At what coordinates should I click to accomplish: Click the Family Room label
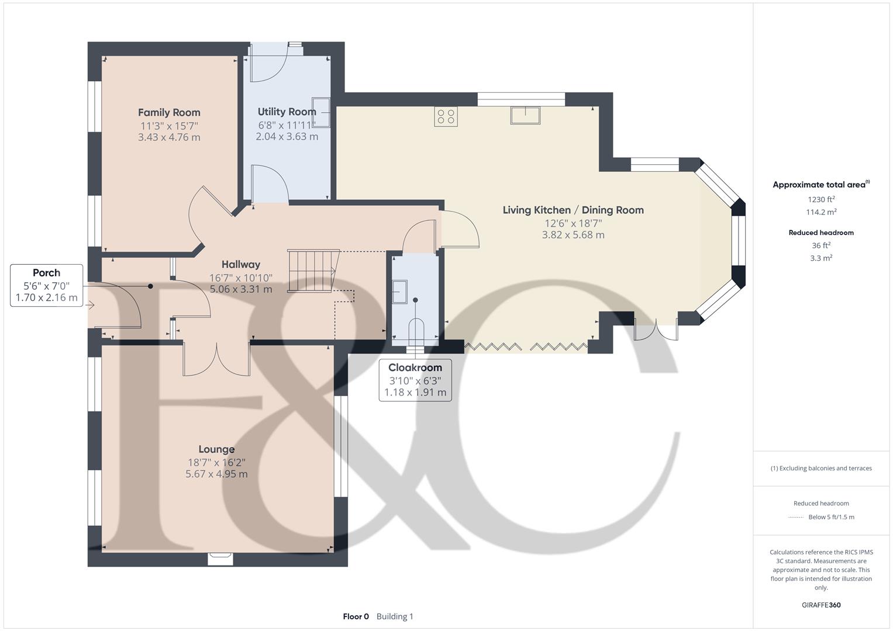coord(169,113)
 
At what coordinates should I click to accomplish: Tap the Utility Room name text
coord(287,112)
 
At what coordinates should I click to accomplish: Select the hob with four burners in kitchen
coord(446,117)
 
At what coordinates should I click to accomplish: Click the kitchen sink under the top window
coord(525,115)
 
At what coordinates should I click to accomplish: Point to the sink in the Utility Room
coord(321,112)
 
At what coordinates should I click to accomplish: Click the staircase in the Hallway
coord(313,271)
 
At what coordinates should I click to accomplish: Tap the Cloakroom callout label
coord(415,380)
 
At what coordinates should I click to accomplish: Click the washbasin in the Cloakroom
coord(400,292)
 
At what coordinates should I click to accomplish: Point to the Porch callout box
coord(47,285)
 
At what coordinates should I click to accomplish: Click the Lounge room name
coord(216,449)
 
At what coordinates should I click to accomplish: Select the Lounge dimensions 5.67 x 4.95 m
coord(216,474)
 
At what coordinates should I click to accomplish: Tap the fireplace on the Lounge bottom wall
coord(220,559)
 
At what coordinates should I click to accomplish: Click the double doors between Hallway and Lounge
coord(216,359)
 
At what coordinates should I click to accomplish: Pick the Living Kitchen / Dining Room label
coord(573,210)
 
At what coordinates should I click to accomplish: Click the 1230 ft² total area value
coord(821,199)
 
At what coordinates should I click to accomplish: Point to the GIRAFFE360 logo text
coord(821,605)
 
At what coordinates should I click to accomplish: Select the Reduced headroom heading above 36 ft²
coord(821,233)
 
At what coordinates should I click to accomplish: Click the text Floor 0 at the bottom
coord(356,616)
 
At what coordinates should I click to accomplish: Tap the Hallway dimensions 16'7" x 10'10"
coord(241,278)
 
